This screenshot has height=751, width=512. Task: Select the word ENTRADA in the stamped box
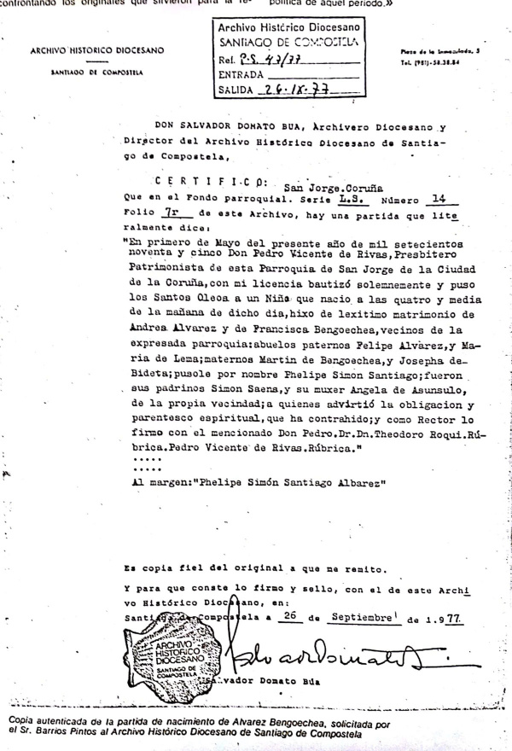(x=244, y=74)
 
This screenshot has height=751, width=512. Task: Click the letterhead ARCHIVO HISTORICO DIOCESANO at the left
(x=96, y=50)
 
